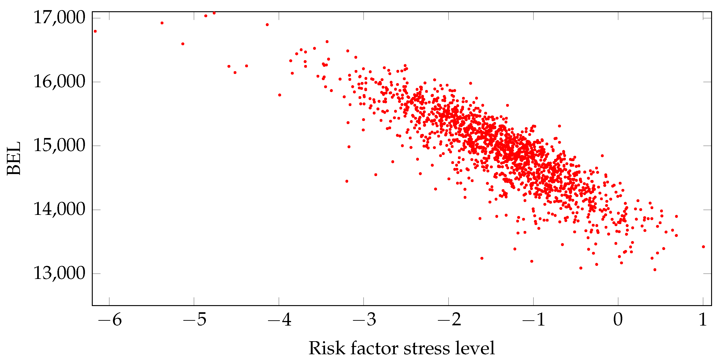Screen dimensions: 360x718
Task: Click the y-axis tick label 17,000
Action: pos(59,18)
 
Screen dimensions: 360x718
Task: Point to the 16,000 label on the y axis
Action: pos(59,82)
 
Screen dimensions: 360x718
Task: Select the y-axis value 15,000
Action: pos(59,145)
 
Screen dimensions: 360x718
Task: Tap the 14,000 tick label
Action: pos(59,209)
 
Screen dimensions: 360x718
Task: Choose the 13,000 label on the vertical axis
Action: pos(59,273)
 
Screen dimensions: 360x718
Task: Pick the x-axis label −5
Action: pos(195,320)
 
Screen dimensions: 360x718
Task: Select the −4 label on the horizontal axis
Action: pos(280,320)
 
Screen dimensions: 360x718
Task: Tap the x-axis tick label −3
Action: pos(364,320)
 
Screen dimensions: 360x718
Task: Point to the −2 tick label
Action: pos(449,320)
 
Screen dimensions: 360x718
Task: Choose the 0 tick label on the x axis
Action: pos(618,320)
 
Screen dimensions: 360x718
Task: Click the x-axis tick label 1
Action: pos(703,320)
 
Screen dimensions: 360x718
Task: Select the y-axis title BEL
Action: pos(14,158)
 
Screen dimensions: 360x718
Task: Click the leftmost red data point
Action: pos(95,31)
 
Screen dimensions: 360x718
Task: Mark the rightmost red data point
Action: pos(703,247)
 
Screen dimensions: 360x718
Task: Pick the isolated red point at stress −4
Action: pos(280,95)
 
